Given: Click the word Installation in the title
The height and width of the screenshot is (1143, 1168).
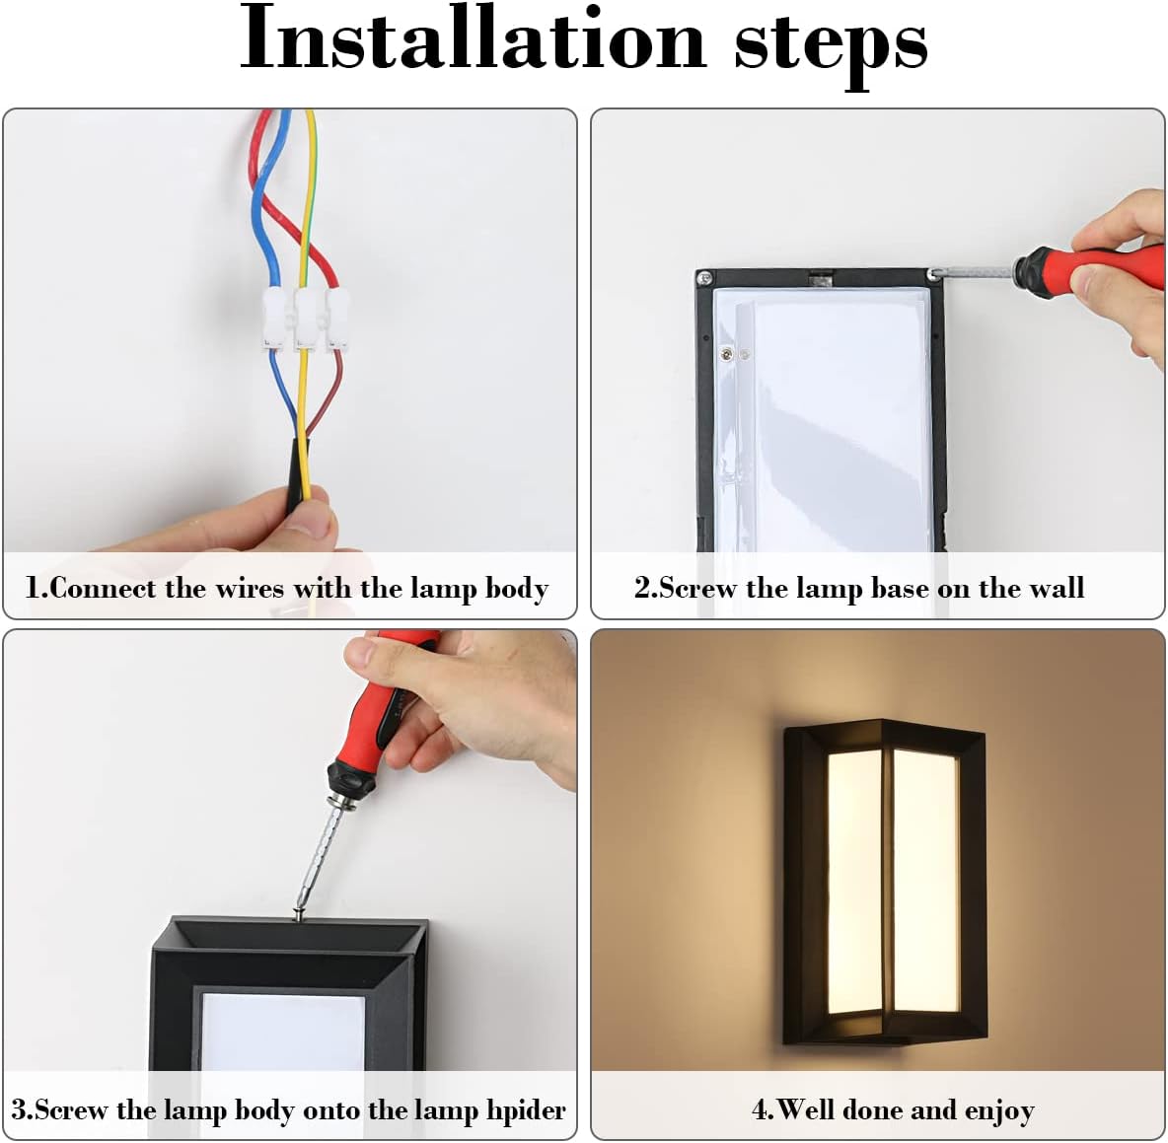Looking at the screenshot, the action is [x=473, y=37].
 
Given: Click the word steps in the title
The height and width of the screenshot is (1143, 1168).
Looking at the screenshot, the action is [x=831, y=44].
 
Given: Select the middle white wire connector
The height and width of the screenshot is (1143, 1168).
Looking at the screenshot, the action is [x=306, y=319].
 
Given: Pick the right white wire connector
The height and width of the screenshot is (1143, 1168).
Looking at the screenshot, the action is [x=336, y=319].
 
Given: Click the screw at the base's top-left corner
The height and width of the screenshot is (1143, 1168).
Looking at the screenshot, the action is [x=704, y=279].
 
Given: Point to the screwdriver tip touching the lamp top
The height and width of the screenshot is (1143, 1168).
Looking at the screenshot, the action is [x=300, y=912].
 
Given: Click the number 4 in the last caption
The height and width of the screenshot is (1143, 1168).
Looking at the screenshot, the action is [x=760, y=1110].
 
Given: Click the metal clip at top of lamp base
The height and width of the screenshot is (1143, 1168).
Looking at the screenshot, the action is [x=820, y=278].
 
